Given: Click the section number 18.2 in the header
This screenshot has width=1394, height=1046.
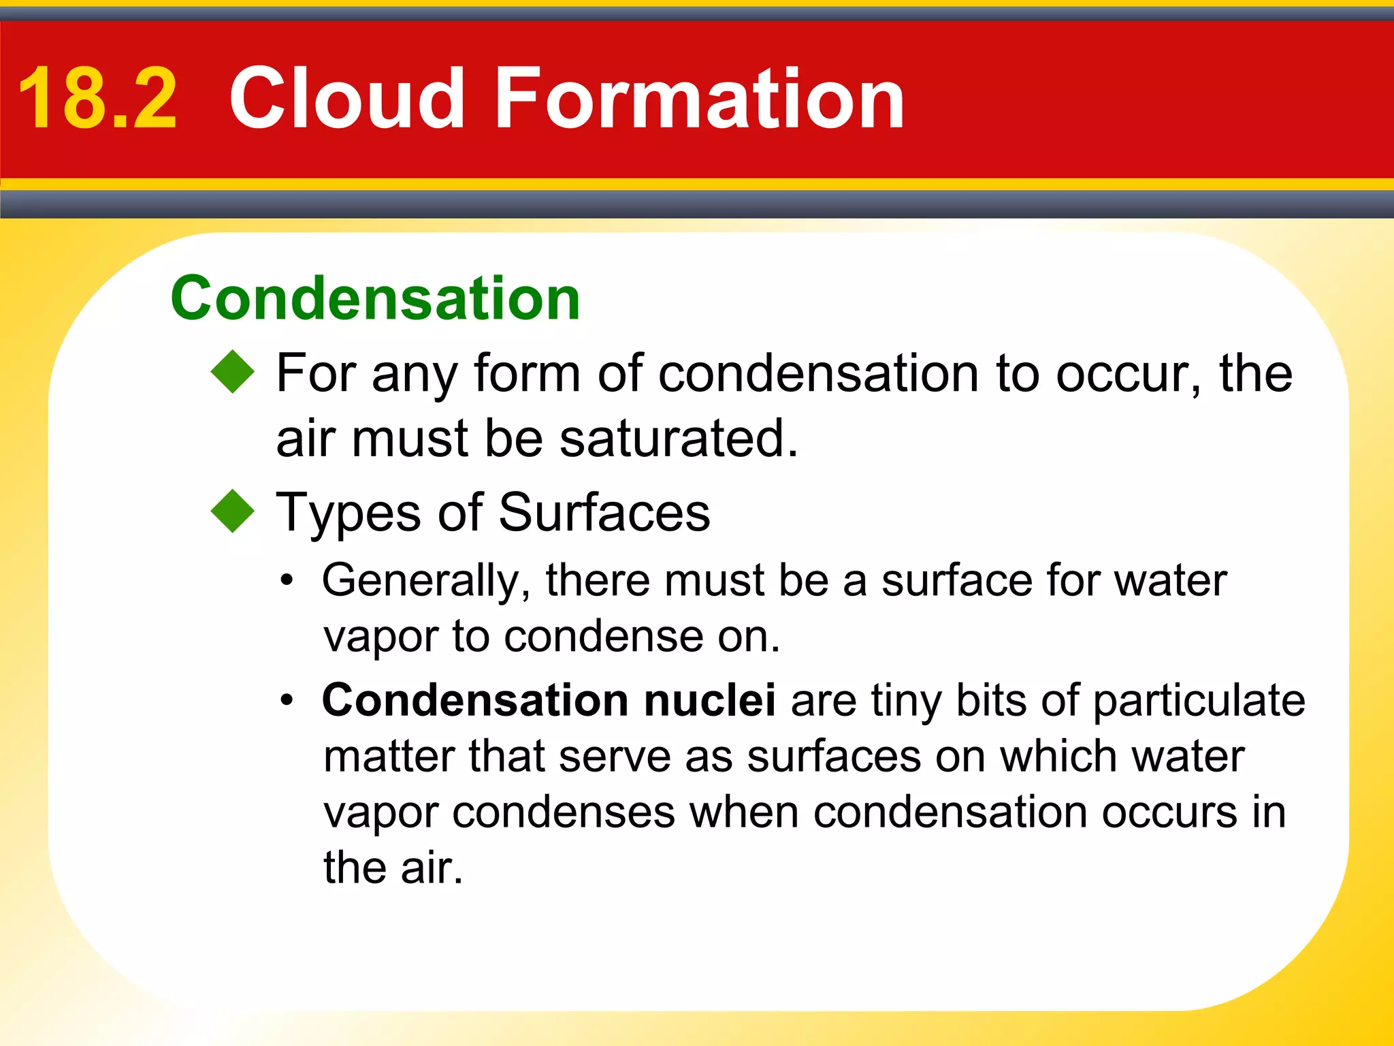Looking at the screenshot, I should pos(97,99).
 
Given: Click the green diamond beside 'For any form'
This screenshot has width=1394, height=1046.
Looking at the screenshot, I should pos(233,372).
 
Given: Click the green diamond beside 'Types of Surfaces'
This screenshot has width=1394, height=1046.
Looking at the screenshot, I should pos(233,511).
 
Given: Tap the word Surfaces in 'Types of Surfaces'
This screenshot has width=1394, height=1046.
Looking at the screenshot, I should pos(604,512).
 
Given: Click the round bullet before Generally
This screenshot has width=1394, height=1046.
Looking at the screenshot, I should pos(288,580).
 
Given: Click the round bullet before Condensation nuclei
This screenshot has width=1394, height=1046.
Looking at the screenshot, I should pos(288,700).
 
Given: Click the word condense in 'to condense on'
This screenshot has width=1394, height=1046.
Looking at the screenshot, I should pos(603,637).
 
